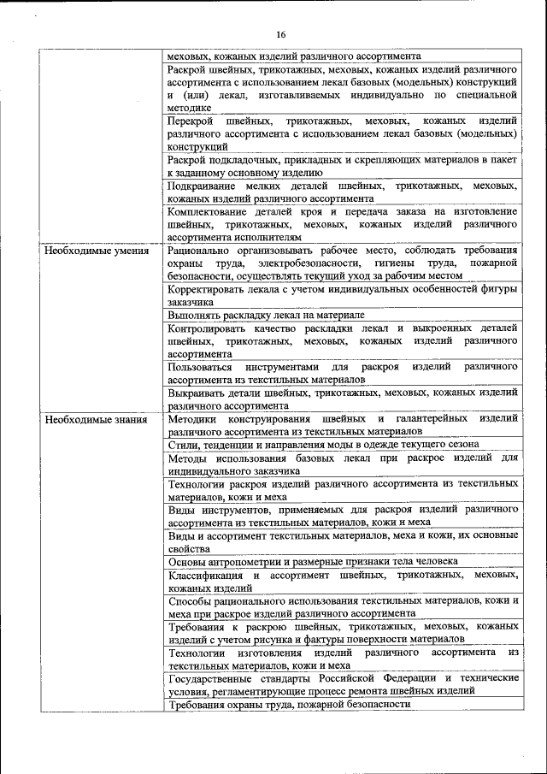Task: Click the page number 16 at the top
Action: (279, 35)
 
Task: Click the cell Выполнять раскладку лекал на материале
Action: (266, 314)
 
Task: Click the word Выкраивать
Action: (198, 392)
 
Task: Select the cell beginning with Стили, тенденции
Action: (322, 445)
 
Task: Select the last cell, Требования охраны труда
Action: (289, 704)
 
